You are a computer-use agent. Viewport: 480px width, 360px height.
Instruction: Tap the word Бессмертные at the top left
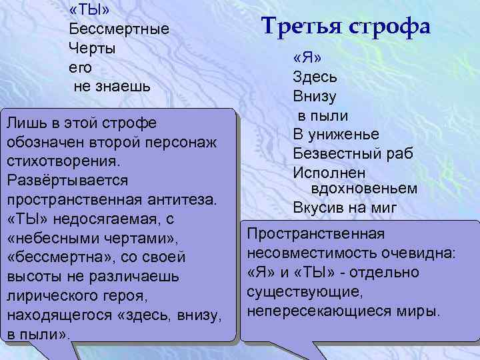[119, 29]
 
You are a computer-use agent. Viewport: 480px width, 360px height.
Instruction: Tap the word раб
[401, 153]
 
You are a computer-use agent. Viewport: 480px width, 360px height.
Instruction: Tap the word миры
[419, 311]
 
